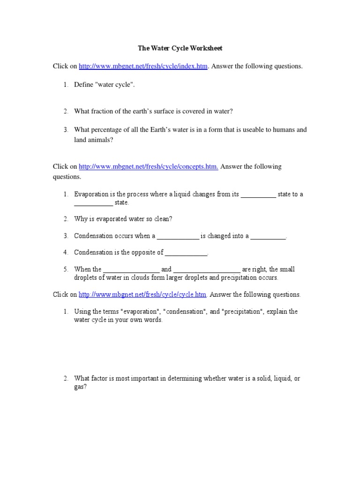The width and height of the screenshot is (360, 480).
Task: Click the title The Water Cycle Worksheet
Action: [x=180, y=48]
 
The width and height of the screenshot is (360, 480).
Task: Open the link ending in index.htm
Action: [x=143, y=67]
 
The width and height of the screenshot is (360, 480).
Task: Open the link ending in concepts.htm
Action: [x=148, y=167]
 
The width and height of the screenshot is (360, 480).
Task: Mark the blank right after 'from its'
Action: [x=258, y=195]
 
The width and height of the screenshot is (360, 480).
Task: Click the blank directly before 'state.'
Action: [x=93, y=203]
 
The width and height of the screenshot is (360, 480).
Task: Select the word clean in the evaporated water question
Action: [x=165, y=219]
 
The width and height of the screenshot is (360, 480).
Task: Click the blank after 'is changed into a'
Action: [x=268, y=236]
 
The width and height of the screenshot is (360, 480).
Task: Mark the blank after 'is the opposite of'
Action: [x=186, y=253]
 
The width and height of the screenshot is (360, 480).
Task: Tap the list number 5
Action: [x=65, y=270]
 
